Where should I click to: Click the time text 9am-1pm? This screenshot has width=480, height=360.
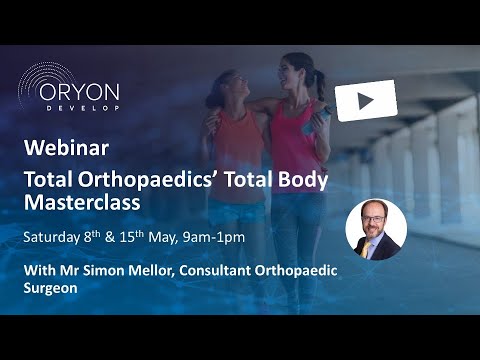coord(219,236)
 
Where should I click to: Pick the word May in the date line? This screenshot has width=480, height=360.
coord(169,236)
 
